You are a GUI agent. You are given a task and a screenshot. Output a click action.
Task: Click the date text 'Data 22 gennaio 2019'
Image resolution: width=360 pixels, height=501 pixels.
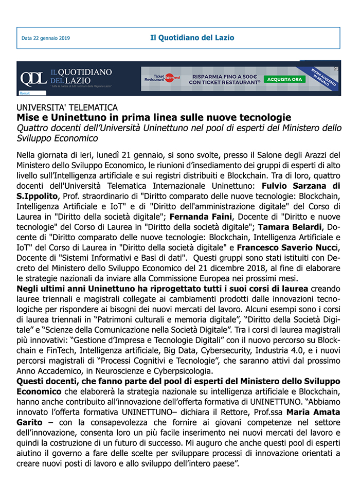[46, 38]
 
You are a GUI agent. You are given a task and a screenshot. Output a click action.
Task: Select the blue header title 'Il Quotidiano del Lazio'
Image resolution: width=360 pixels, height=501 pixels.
[192, 38]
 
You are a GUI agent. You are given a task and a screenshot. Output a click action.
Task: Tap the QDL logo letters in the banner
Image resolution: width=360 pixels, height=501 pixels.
[33, 78]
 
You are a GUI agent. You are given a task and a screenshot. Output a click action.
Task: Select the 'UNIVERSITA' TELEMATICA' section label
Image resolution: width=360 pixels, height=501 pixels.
[67, 108]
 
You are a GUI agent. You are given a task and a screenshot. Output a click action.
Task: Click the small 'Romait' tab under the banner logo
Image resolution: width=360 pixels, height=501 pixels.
[25, 93]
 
